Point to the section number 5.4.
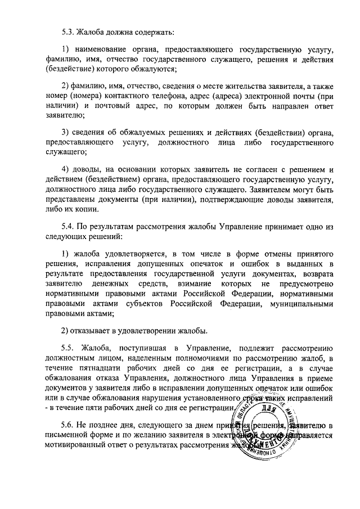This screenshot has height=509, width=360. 69,228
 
